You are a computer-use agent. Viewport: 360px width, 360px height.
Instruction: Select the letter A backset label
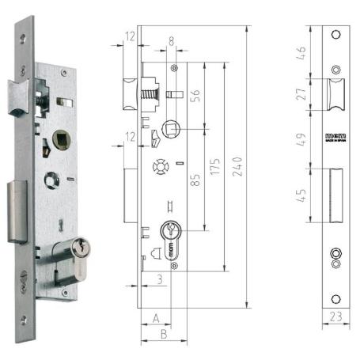click(155, 317)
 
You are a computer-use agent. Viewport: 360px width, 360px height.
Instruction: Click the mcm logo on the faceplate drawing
click(335, 136)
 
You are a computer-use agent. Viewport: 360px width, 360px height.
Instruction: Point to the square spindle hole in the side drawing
click(169, 127)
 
